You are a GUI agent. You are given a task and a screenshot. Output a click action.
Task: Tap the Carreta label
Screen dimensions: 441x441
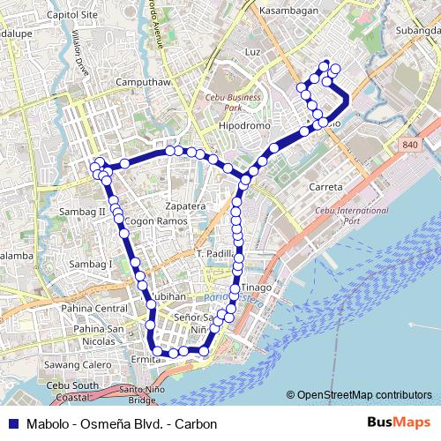click(x=325, y=187)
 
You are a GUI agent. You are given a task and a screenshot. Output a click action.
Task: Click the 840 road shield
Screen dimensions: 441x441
click(x=410, y=145)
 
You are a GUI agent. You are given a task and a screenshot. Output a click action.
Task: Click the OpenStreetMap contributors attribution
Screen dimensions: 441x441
click(x=365, y=394)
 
